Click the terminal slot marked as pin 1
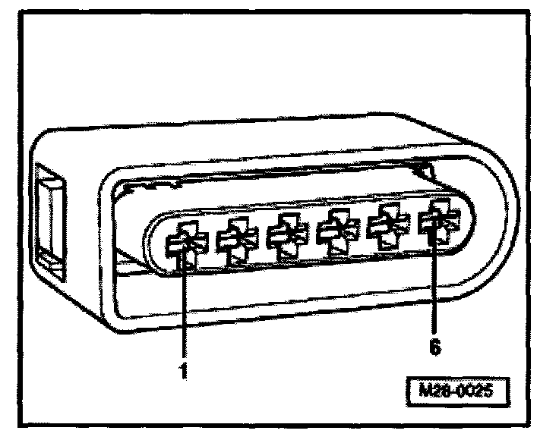(182, 244)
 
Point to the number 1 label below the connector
(184, 372)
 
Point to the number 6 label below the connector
(435, 348)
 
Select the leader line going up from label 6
(435, 288)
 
